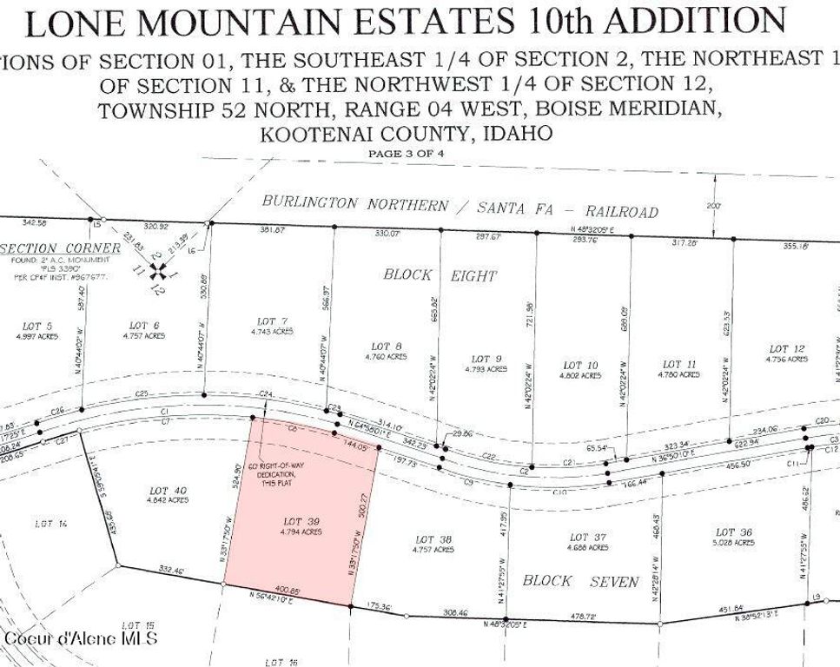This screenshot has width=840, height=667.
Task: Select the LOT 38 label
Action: pyautogui.click(x=424, y=539)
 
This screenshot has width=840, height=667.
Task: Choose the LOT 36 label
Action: pyautogui.click(x=727, y=532)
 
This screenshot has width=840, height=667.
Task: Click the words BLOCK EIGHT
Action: pyautogui.click(x=440, y=275)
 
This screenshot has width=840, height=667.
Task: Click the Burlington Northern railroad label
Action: pyautogui.click(x=460, y=207)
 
